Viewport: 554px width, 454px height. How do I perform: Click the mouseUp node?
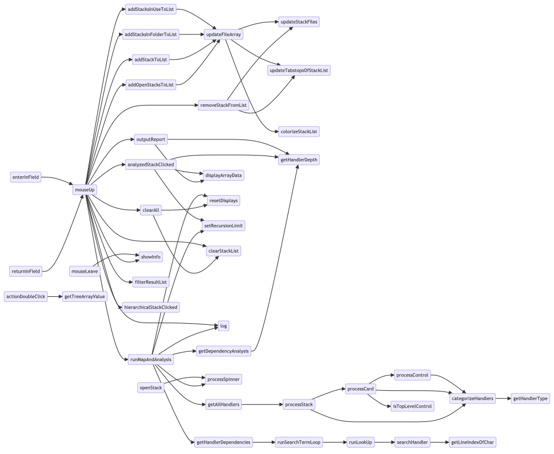click(85, 190)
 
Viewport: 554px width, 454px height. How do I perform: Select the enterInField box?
click(26, 177)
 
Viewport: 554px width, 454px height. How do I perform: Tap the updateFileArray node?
click(224, 34)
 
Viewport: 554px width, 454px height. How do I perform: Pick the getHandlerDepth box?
click(298, 160)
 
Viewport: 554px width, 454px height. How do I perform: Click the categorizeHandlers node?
click(472, 398)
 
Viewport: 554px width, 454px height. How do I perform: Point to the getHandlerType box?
click(530, 398)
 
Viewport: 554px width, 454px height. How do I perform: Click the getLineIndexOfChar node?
click(472, 443)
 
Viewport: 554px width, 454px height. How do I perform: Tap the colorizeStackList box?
click(298, 131)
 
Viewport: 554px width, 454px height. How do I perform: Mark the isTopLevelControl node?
click(412, 406)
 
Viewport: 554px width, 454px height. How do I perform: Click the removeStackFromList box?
click(224, 105)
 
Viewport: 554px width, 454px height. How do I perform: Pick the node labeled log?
click(224, 326)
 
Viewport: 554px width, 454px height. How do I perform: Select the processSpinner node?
click(224, 379)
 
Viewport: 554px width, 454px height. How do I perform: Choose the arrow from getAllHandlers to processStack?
click(261, 405)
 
